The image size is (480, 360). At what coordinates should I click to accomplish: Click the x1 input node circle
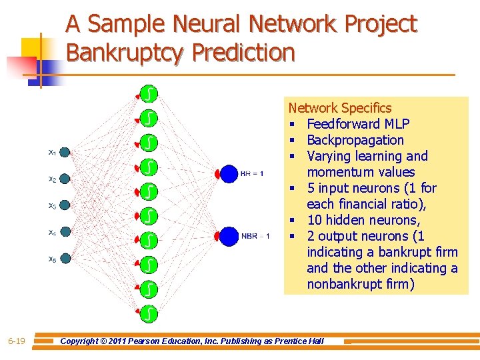[x=65, y=152]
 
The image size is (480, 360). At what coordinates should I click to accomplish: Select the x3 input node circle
[x=65, y=205]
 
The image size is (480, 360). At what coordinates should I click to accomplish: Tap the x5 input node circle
[x=65, y=259]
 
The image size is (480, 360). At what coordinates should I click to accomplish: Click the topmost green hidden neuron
[x=149, y=93]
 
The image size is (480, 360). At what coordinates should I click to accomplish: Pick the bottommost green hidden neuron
[x=149, y=311]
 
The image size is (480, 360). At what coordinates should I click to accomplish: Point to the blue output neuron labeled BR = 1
[x=229, y=173]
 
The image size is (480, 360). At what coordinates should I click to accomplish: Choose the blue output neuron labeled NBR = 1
[x=229, y=235]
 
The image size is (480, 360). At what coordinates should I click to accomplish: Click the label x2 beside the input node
[x=52, y=179]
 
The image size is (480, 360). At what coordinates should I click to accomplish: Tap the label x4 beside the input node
[x=52, y=232]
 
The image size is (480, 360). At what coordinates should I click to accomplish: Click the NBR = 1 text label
[x=255, y=235]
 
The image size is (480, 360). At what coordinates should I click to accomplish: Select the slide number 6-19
[x=17, y=341]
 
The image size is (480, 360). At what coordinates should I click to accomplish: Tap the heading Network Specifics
[x=339, y=108]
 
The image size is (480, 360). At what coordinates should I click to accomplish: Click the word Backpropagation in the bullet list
[x=355, y=140]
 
